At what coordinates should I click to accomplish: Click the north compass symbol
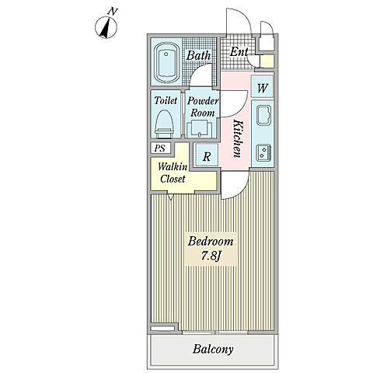pyautogui.click(x=106, y=26)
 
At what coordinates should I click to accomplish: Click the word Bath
pyautogui.click(x=198, y=55)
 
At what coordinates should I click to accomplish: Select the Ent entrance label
pyautogui.click(x=239, y=52)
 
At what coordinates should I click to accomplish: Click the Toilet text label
pyautogui.click(x=166, y=100)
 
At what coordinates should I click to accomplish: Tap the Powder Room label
pyautogui.click(x=203, y=106)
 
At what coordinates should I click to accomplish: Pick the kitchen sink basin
pyautogui.click(x=264, y=116)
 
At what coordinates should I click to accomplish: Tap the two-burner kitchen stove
pyautogui.click(x=263, y=152)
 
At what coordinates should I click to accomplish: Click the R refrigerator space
pyautogui.click(x=207, y=155)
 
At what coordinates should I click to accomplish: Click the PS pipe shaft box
pyautogui.click(x=161, y=148)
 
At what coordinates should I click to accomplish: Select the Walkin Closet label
pyautogui.click(x=173, y=173)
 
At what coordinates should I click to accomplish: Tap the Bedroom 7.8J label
pyautogui.click(x=211, y=249)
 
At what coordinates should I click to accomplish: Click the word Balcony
pyautogui.click(x=213, y=349)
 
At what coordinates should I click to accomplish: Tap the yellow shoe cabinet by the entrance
pyautogui.click(x=267, y=61)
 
